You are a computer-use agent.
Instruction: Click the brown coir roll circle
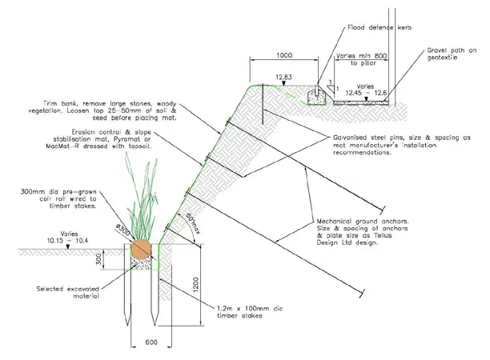[141, 248]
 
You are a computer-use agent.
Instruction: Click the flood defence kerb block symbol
[316, 97]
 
